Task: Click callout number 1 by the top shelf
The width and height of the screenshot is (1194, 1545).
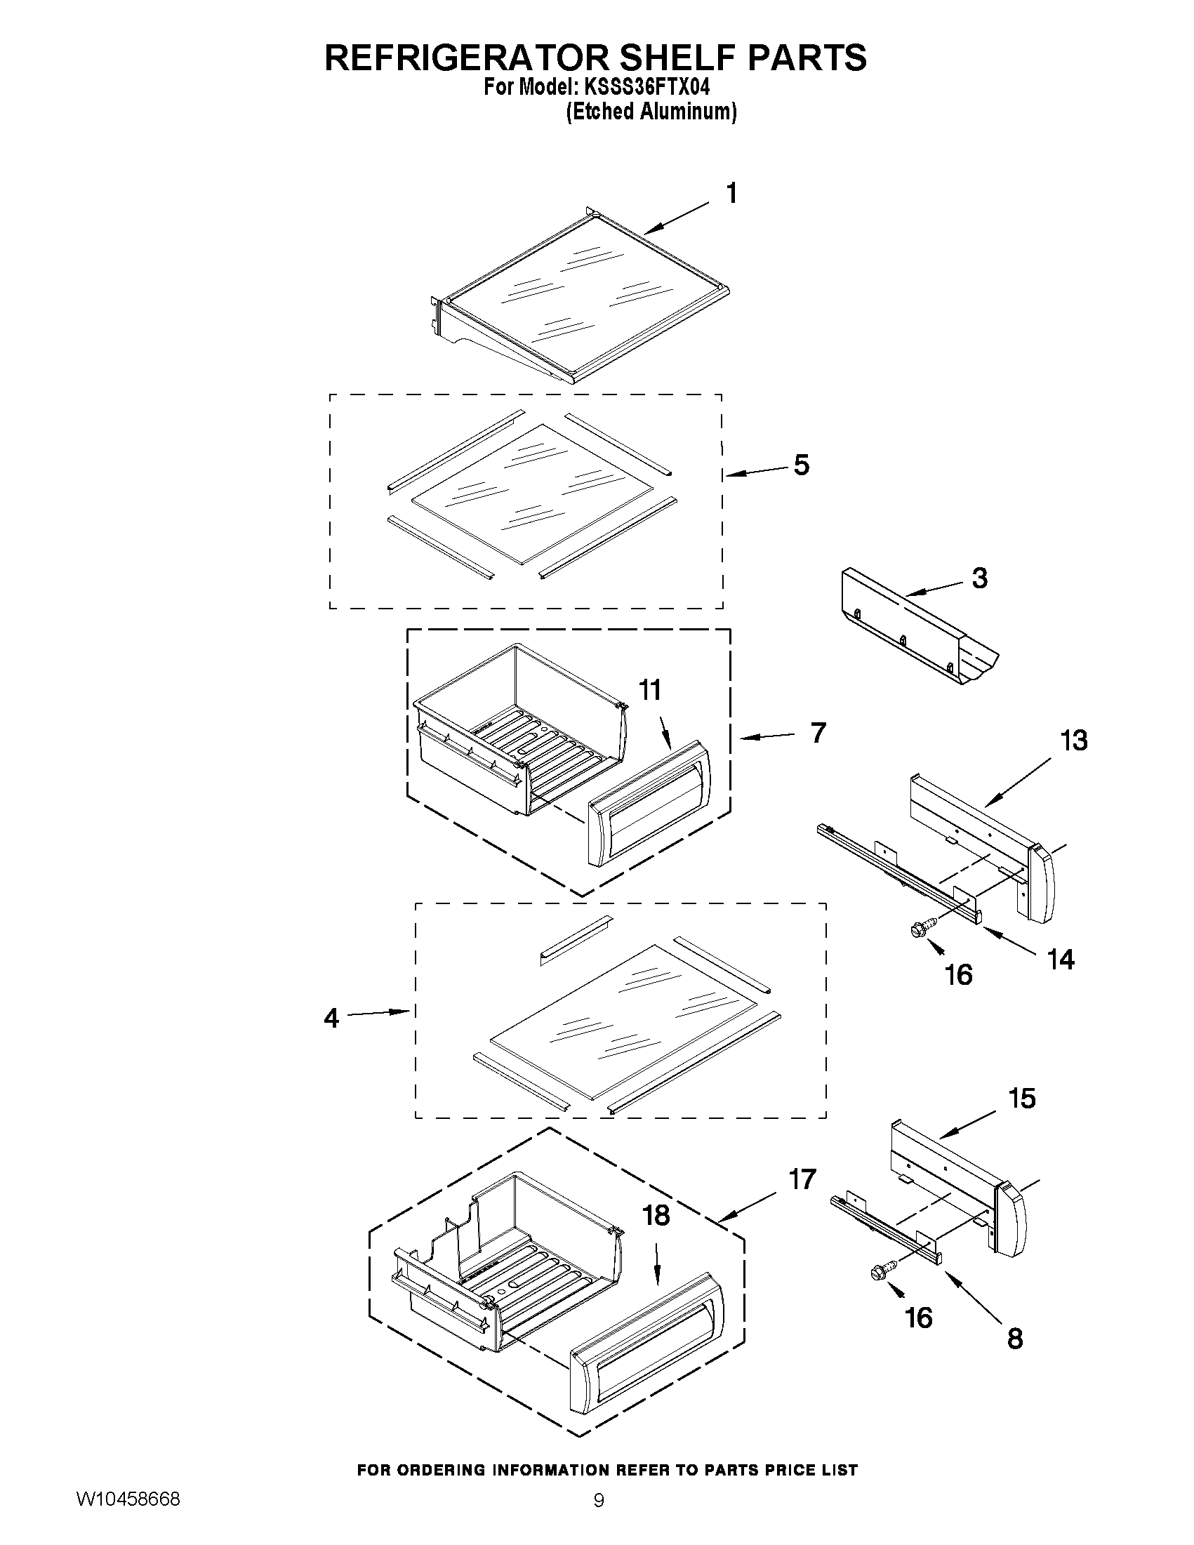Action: tap(732, 193)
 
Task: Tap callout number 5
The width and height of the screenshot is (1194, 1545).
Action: tap(801, 465)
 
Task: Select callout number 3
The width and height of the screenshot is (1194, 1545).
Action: tap(979, 578)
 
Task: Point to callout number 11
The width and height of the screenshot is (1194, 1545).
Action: tap(650, 690)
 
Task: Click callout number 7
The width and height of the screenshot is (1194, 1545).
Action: tap(818, 733)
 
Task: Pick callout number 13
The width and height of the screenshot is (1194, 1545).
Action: tap(1073, 741)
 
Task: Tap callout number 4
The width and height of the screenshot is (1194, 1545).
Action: tap(331, 1019)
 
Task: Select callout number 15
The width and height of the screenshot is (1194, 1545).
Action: tap(1022, 1099)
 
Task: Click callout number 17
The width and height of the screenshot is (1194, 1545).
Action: tap(802, 1179)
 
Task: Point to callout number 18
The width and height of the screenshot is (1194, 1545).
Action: tap(656, 1215)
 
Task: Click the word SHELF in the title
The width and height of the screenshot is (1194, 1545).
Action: tap(663, 58)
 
